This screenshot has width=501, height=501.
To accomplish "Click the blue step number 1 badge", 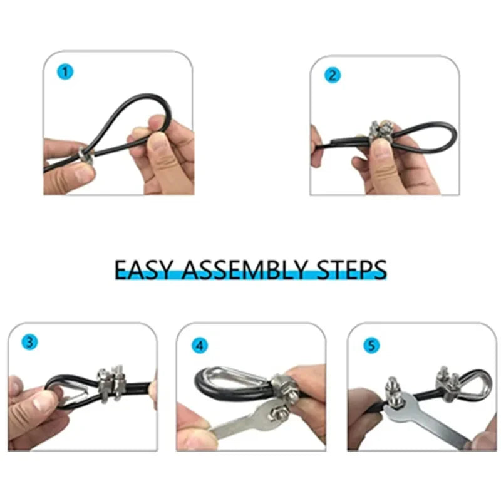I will click(x=65, y=71).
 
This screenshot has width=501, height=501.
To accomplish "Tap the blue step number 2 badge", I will click(x=333, y=75).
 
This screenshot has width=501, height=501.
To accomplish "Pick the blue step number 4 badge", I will click(x=199, y=345).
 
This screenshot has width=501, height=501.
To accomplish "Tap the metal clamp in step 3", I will click(x=110, y=383).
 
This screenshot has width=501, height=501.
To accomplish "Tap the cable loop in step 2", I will click(x=432, y=135).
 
